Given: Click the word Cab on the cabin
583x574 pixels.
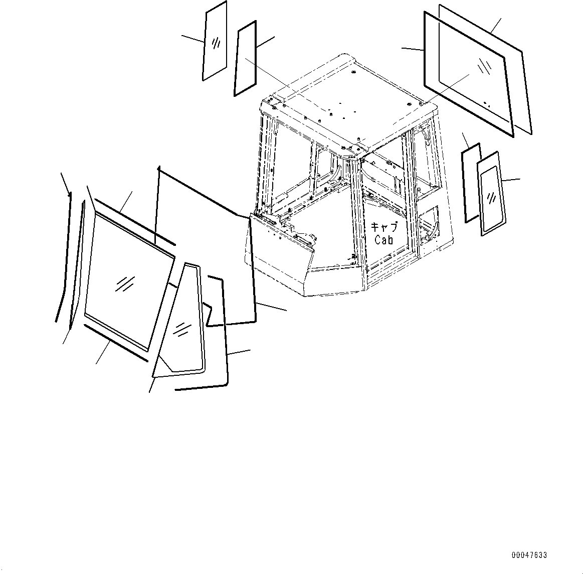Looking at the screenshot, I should tap(384, 240).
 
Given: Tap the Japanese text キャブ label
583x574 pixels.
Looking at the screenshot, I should tap(384, 227).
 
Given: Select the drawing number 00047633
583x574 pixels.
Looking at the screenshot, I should tap(529, 555).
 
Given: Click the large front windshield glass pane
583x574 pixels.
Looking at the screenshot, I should tap(125, 281).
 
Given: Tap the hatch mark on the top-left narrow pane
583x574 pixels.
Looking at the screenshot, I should tap(216, 43).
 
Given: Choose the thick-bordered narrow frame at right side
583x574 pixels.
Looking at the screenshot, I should tap(471, 183).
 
